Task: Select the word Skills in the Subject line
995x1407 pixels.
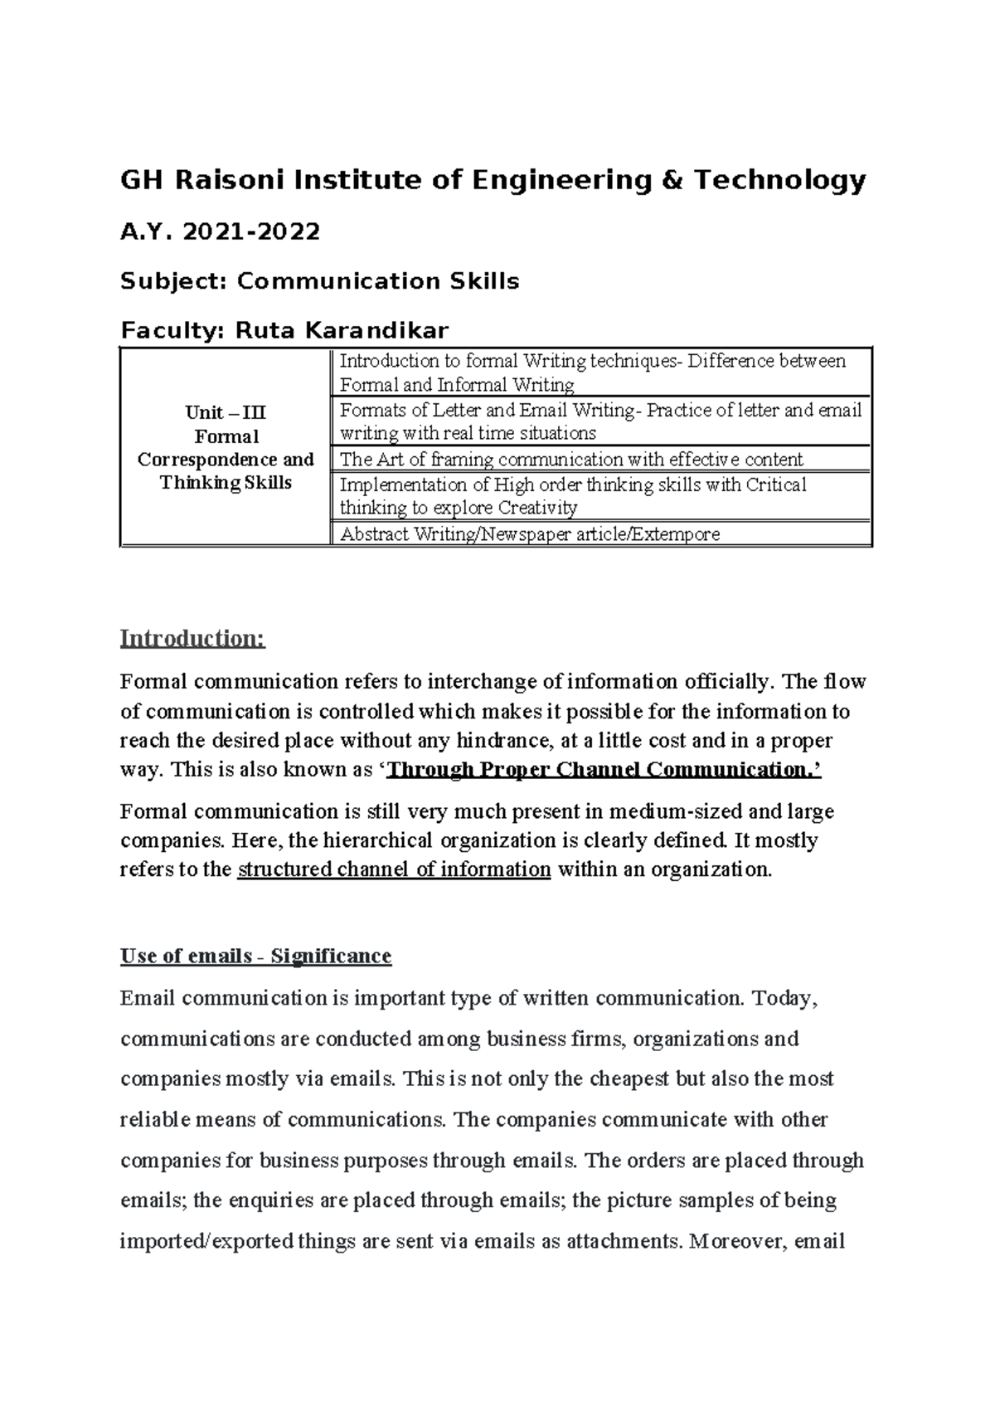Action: (484, 281)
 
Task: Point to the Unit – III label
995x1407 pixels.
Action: (226, 412)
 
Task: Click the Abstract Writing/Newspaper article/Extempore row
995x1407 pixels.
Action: (530, 534)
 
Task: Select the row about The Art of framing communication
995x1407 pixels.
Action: (571, 460)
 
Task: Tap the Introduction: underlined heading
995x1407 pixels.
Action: (192, 638)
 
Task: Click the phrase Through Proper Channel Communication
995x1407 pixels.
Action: (604, 770)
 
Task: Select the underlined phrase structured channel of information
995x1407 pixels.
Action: (394, 869)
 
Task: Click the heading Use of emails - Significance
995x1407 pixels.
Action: (255, 956)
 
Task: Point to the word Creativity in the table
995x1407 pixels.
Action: (536, 508)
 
